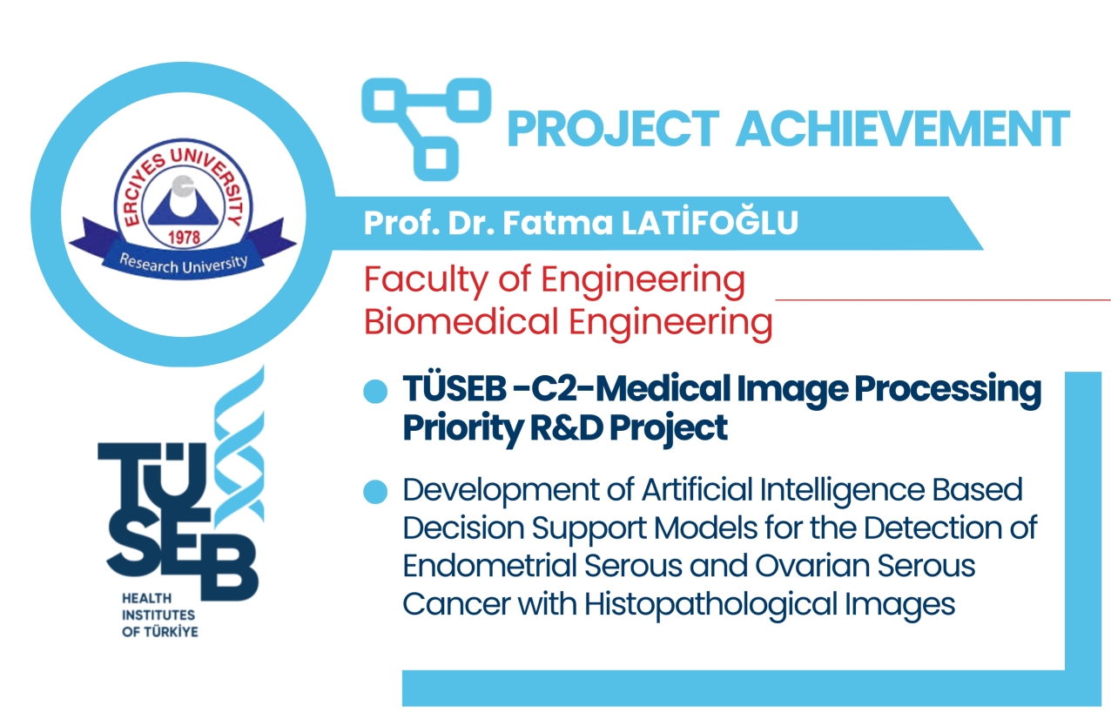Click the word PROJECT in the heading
tap(613, 129)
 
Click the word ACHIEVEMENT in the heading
tap(903, 129)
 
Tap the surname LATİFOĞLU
tap(710, 223)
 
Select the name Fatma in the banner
tap(558, 224)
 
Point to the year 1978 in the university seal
tap(184, 238)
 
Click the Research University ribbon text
tap(184, 263)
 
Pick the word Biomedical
tap(461, 321)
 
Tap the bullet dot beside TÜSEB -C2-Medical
tap(375, 391)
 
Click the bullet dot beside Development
tap(375, 492)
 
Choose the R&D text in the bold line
tap(567, 427)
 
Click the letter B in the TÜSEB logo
tap(229, 568)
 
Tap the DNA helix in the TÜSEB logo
tap(239, 447)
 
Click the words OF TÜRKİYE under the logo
tap(159, 632)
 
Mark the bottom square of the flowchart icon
tap(436, 158)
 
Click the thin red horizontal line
tap(943, 299)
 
